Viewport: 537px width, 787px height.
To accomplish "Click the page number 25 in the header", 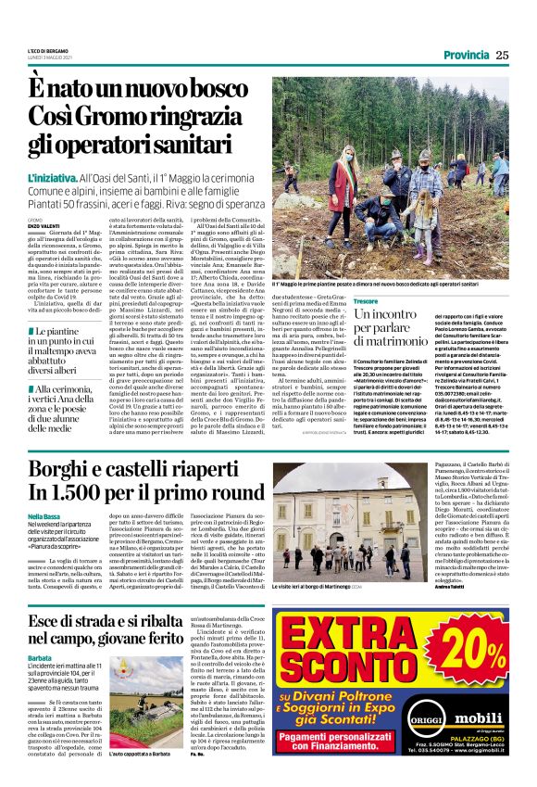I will pyautogui.click(x=502, y=55).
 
